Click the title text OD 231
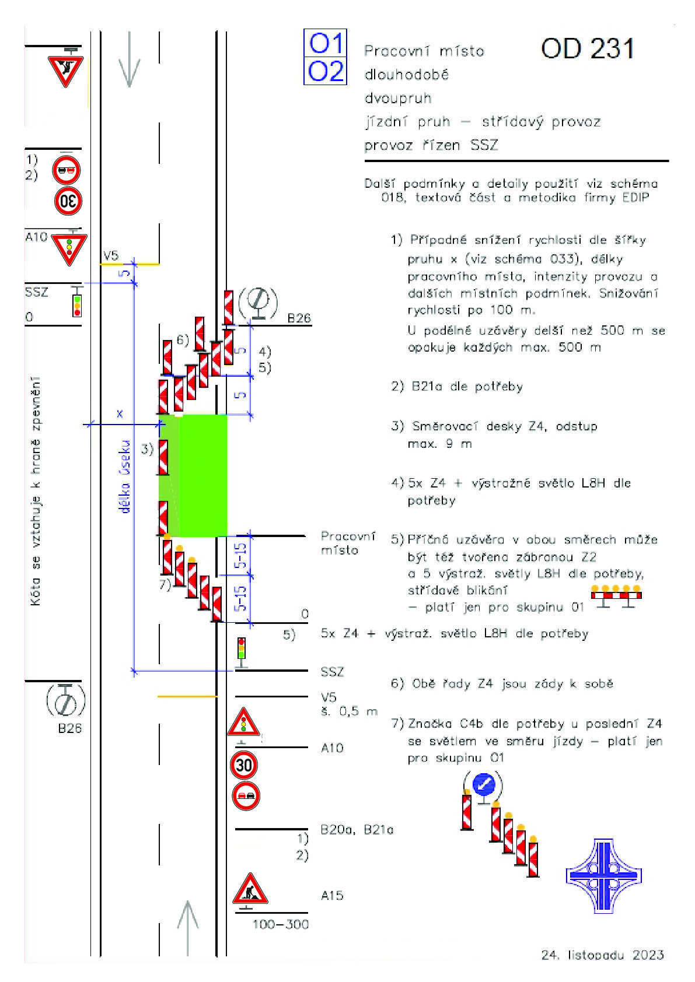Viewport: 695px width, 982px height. (588, 48)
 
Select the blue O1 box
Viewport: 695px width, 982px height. (325, 43)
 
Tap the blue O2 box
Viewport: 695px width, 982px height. (325, 71)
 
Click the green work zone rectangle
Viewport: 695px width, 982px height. (193, 475)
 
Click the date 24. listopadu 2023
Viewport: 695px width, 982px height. (602, 955)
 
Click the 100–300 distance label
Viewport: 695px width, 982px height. (281, 925)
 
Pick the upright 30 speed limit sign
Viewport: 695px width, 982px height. (244, 765)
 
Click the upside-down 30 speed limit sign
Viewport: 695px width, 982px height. (68, 201)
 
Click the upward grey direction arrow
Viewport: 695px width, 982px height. (188, 928)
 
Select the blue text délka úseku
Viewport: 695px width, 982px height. (125, 476)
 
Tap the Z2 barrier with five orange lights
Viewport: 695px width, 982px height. (616, 596)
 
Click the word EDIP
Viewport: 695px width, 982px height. (635, 198)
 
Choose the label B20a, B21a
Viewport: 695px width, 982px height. (357, 829)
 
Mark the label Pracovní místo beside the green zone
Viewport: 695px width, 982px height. (348, 543)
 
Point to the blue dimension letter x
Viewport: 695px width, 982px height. (120, 413)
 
